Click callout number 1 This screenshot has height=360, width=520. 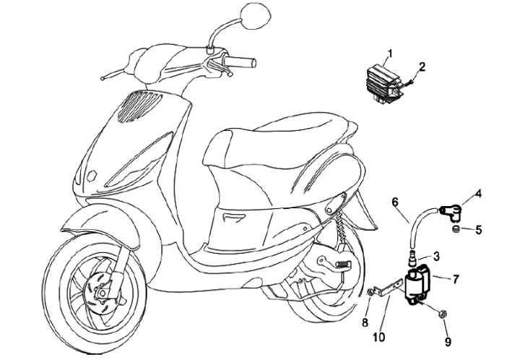coord(389,53)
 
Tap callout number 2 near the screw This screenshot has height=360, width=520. coord(422,67)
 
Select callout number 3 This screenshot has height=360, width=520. coord(436,256)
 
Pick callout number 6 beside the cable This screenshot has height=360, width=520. coord(395,202)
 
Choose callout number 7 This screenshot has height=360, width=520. coord(456,278)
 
